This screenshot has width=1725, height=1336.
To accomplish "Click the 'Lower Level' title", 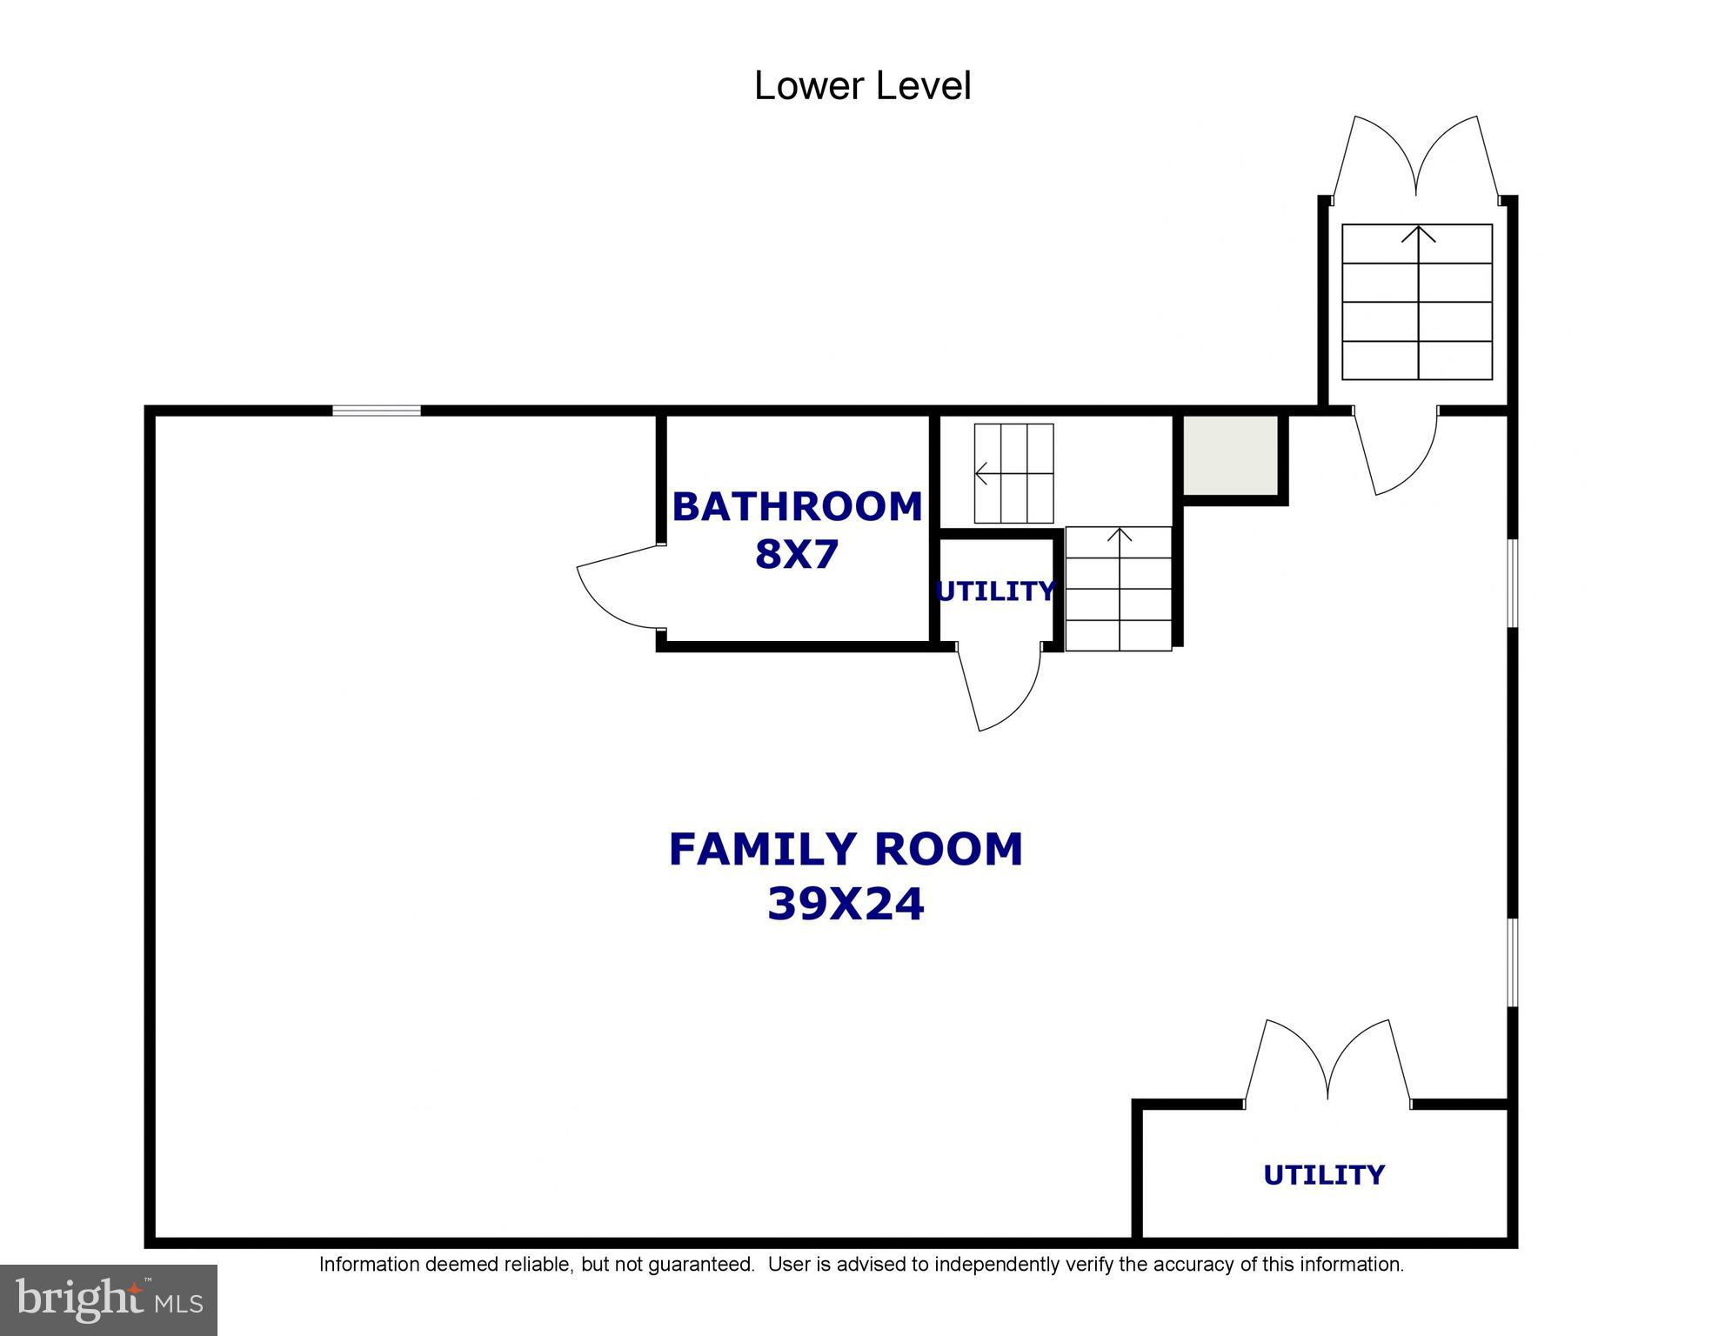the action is click(x=862, y=86).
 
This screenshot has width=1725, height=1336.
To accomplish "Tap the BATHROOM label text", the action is click(x=797, y=506).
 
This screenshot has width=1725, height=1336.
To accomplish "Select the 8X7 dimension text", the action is click(x=797, y=554).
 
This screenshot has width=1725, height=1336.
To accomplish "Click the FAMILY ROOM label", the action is click(x=846, y=849).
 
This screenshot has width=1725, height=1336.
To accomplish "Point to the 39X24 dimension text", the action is click(x=846, y=904).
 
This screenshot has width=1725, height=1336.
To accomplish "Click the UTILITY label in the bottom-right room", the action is click(x=1324, y=1175).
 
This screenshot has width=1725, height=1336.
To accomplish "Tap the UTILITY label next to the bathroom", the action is click(x=995, y=591).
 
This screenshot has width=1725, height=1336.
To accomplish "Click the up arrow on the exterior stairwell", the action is click(x=1419, y=302).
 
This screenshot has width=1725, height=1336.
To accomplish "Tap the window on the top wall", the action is click(x=377, y=411).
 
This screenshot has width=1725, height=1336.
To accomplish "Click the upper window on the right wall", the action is click(x=1513, y=583).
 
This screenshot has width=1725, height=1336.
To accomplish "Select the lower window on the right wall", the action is click(x=1513, y=962).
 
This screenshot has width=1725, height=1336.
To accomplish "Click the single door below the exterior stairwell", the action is click(x=1395, y=452).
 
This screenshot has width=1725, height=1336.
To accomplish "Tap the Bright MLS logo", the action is click(x=109, y=1300).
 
